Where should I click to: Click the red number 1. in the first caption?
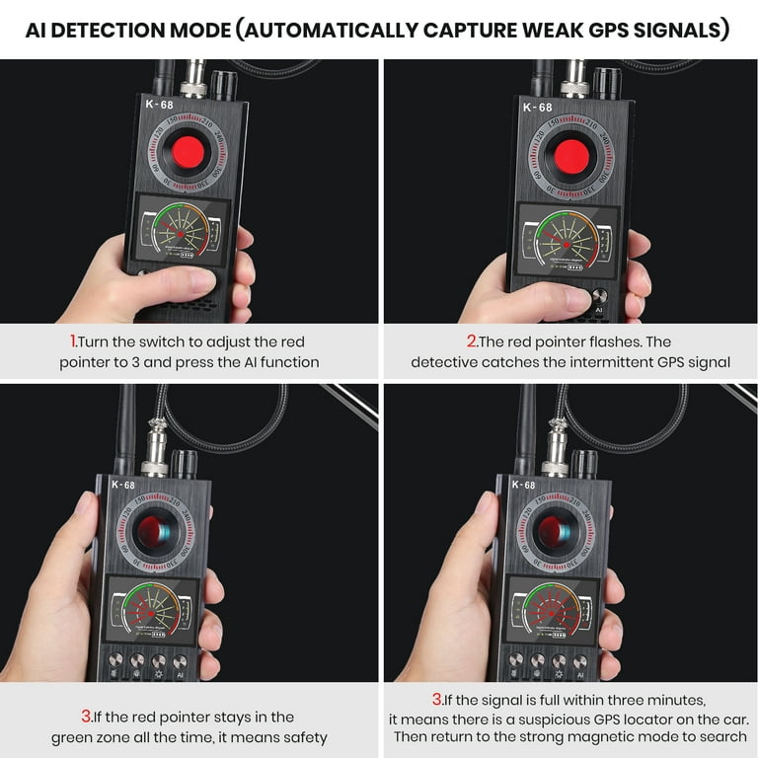tap(74, 341)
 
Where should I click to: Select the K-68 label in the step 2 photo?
tap(537, 107)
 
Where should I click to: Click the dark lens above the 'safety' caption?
tap(152, 534)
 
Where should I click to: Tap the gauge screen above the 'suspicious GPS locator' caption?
tap(546, 610)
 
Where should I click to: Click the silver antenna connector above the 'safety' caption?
tap(155, 455)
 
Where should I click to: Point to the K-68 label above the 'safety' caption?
tap(123, 486)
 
